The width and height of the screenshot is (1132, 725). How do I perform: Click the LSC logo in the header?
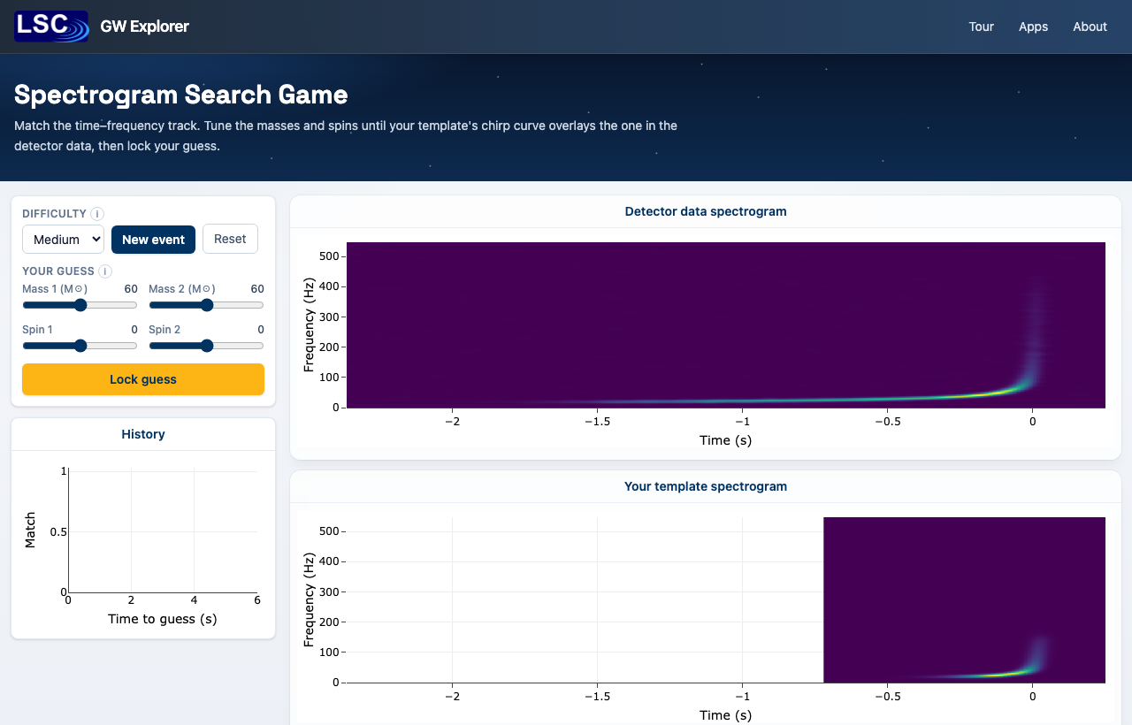click(51, 27)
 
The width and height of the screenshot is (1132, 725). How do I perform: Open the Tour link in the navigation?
click(981, 27)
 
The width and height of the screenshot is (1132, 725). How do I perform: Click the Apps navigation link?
click(1033, 27)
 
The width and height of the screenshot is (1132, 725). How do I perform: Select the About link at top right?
click(1090, 27)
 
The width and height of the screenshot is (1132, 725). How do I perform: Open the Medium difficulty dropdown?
click(63, 240)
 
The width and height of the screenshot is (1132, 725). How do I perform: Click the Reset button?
click(230, 239)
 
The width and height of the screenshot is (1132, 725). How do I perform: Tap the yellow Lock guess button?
click(143, 379)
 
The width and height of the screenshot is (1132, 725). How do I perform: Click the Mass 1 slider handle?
click(80, 305)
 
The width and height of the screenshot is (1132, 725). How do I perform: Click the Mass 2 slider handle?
click(207, 305)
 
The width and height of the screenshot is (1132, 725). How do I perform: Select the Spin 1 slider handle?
click(80, 346)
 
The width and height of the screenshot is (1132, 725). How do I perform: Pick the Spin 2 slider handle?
click(207, 346)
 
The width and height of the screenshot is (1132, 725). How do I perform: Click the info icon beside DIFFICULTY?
click(97, 214)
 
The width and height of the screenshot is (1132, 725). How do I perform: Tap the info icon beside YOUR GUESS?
click(105, 271)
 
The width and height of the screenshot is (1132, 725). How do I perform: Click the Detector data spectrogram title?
click(706, 211)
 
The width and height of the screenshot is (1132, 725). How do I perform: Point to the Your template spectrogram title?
click(706, 486)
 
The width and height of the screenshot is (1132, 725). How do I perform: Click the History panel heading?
click(143, 434)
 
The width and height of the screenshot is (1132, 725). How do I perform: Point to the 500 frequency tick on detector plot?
click(329, 256)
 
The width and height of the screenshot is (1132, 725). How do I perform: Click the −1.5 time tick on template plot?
click(597, 696)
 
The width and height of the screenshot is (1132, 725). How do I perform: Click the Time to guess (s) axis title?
click(162, 619)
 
